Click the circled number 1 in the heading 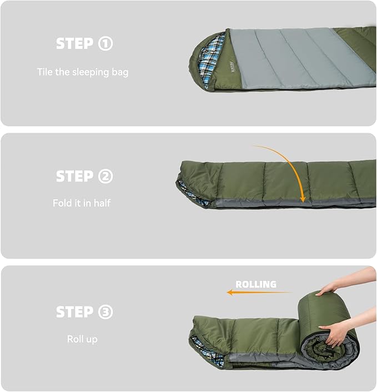point(105,43)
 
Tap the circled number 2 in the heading point(105,176)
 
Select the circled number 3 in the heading point(105,312)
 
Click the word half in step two point(102,203)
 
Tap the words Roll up point(82,339)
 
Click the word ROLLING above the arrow point(256,284)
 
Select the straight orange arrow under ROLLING point(259,292)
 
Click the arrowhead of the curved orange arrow point(303,199)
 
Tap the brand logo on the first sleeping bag point(233,67)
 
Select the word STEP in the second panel point(74,176)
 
